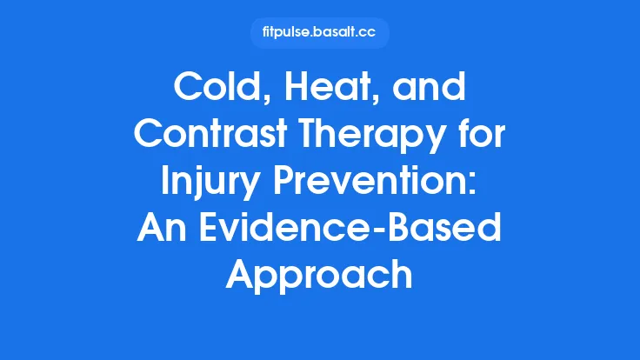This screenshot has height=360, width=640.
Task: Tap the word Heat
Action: click(319, 90)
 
